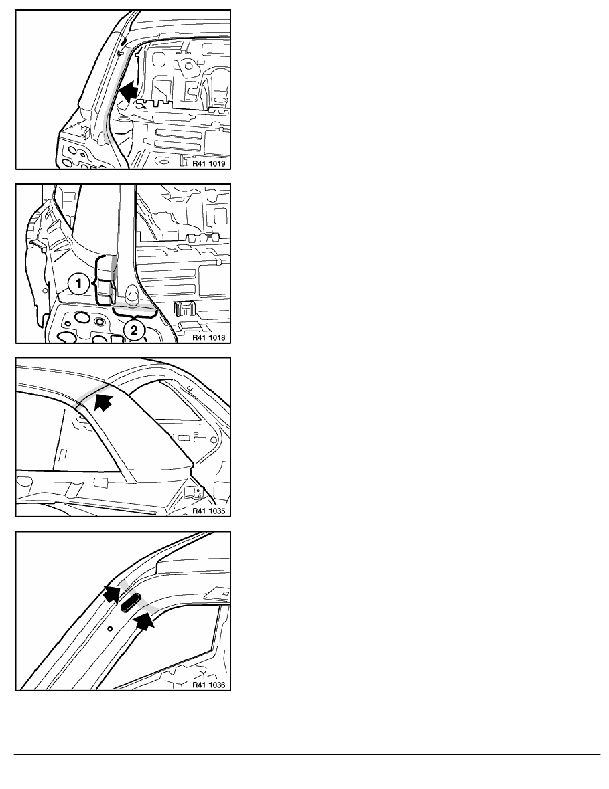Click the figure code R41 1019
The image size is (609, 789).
209,163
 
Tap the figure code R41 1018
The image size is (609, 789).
209,337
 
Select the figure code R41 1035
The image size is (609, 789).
209,511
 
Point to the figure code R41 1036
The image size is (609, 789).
209,685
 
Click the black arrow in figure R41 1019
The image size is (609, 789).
129,92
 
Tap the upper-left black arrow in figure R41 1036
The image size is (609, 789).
112,594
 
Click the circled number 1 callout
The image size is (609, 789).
78,284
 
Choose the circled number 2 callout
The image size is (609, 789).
134,330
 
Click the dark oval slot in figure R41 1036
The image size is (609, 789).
131,602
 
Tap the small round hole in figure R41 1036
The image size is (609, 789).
111,628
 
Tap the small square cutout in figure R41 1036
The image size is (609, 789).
225,594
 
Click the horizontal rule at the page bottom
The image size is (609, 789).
307,754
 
